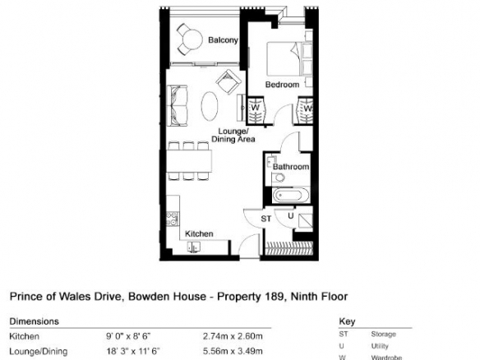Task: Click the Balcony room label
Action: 223,40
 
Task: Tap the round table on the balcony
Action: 192,39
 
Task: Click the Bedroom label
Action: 282,85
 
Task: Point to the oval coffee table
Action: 210,106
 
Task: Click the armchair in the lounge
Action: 228,81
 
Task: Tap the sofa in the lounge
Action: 178,105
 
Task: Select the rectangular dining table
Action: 190,161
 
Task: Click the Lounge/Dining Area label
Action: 233,136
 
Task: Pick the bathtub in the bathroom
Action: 288,196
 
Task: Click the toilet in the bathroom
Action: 279,178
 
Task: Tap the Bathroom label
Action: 291,167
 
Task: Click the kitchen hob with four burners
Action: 173,219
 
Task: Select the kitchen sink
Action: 194,247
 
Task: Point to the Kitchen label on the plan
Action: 199,234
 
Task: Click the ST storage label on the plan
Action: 266,219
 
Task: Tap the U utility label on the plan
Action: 290,216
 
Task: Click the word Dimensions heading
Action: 34,321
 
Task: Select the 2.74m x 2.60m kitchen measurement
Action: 233,336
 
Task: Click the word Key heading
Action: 347,321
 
